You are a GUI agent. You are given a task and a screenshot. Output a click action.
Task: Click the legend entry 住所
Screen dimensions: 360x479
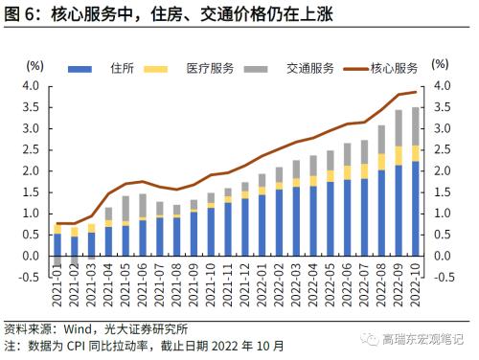(122, 69)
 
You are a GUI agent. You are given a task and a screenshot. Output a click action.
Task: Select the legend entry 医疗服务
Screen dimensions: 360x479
(208, 69)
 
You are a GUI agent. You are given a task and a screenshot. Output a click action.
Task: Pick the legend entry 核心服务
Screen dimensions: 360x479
(393, 69)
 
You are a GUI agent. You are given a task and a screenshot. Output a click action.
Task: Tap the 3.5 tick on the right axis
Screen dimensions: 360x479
(442, 106)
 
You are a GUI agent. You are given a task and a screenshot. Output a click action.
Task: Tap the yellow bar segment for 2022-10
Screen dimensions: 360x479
(415, 152)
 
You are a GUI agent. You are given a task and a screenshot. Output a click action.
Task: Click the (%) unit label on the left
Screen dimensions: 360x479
(34, 64)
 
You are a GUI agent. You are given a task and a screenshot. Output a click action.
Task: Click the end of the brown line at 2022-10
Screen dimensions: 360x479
(415, 92)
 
